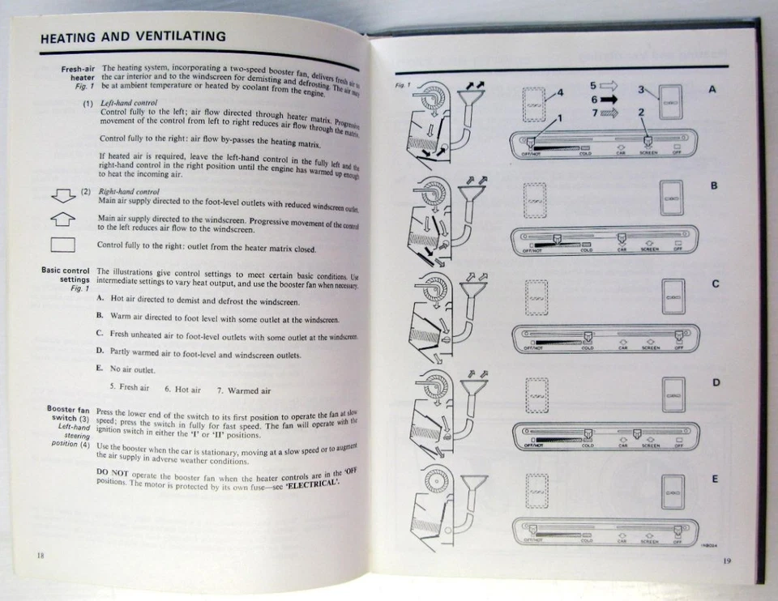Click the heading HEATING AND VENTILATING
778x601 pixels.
[x=133, y=37]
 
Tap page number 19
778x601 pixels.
[x=726, y=559]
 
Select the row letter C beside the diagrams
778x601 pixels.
[x=715, y=283]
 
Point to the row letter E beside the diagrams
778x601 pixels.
[x=714, y=479]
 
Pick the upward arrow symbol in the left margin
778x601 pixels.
[x=62, y=219]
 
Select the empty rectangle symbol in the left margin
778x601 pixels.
[x=62, y=244]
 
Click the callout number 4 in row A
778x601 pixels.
[x=559, y=92]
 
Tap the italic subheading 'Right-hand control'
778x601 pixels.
[x=129, y=191]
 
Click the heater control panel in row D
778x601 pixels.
[x=604, y=436]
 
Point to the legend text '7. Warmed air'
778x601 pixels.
[x=243, y=390]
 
